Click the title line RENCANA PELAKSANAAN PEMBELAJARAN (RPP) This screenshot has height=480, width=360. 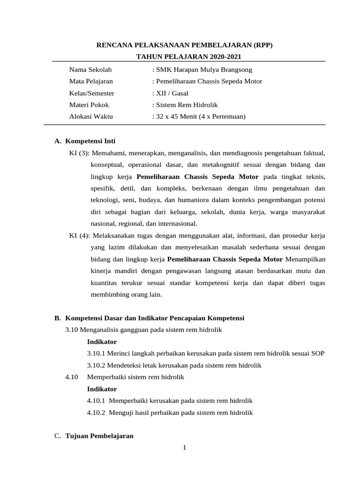tap(184, 45)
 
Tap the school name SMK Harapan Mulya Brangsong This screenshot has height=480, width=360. tap(203, 70)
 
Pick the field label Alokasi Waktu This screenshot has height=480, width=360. tap(91, 117)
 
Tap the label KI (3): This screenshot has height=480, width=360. tap(79, 153)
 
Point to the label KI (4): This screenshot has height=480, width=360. tap(79, 235)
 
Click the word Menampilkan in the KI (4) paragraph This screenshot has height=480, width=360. tap(305, 259)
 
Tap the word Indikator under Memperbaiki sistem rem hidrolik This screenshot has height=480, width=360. tap(102, 389)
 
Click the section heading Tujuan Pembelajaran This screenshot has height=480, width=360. tap(99, 436)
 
